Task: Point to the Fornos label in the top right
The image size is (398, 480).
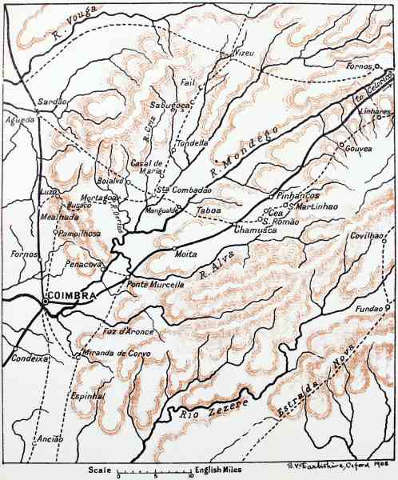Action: [361, 66]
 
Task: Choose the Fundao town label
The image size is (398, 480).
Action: [366, 308]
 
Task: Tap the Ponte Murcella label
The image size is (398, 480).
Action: [156, 284]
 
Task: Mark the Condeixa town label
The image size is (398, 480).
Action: [29, 359]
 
